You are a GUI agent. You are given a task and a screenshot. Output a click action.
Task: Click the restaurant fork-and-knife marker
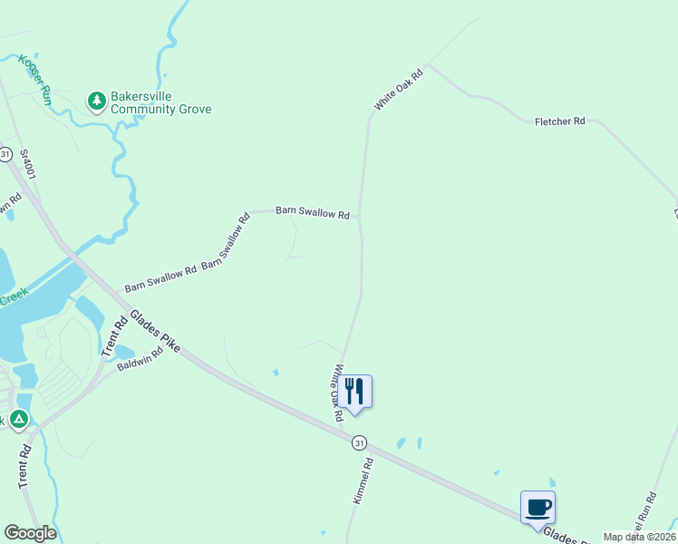(354, 392)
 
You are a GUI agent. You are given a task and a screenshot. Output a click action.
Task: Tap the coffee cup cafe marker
(538, 507)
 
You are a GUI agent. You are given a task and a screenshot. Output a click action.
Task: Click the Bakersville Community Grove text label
(160, 102)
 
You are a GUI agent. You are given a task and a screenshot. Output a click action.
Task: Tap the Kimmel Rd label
(362, 481)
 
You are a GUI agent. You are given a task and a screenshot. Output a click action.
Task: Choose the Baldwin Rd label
(139, 359)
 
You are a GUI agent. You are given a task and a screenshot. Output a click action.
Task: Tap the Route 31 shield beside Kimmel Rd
(360, 442)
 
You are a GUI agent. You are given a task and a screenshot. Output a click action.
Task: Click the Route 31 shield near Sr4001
(5, 154)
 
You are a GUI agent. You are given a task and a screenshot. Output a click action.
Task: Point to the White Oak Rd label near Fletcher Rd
(399, 91)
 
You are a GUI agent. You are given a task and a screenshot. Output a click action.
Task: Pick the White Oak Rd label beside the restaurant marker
(337, 392)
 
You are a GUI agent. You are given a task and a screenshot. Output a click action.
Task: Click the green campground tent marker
(18, 419)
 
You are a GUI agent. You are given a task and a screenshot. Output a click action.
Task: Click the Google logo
(30, 532)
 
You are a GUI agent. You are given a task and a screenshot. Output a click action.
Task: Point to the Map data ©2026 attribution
(640, 537)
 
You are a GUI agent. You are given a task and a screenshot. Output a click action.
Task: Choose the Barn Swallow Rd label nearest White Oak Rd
(313, 213)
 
